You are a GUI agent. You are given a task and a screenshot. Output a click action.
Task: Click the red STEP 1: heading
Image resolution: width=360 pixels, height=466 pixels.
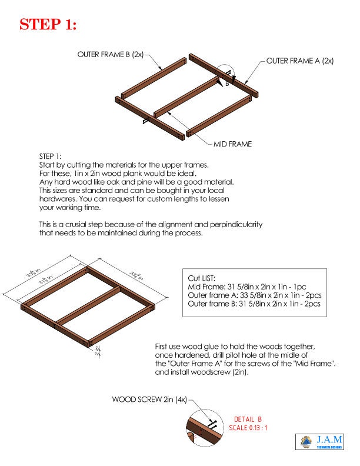(48, 25)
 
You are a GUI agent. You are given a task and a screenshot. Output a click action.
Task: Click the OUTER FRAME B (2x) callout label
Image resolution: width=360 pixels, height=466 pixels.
(110, 54)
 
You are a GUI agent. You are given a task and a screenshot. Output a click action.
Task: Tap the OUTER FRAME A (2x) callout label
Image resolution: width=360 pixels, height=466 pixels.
(300, 61)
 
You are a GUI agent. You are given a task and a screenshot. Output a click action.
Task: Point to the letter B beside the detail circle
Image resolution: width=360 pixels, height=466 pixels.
(226, 84)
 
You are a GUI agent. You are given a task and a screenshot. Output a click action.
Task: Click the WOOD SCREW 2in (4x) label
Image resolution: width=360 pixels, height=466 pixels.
(149, 399)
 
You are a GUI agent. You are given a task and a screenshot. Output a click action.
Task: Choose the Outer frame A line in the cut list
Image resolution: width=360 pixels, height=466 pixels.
(254, 295)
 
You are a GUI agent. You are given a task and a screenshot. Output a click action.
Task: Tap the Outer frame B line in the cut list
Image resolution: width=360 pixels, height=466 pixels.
(254, 304)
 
